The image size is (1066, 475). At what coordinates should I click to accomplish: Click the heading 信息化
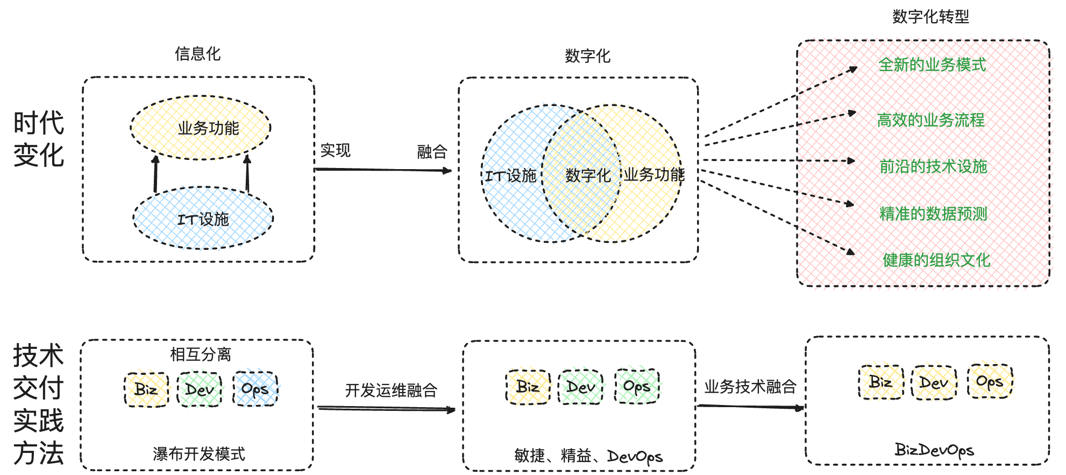[197, 54]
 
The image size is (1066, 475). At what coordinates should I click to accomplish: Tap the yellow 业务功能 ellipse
[201, 128]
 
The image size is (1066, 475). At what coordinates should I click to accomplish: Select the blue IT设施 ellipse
[203, 219]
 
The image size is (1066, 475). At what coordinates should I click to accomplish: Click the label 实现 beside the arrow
[335, 150]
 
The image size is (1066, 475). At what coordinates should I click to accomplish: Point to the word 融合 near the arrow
[432, 152]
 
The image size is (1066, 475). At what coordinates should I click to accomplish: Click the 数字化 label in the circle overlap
[587, 175]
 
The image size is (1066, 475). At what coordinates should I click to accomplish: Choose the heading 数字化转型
[930, 17]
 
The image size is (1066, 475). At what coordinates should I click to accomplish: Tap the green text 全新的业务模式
[932, 65]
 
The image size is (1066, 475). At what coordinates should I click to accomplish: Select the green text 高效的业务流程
[930, 120]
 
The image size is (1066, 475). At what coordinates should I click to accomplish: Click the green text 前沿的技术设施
[933, 166]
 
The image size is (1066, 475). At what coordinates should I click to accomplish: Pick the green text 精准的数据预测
[933, 214]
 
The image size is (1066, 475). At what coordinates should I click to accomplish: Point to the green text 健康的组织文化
[936, 261]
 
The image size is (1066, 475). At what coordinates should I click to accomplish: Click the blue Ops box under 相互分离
[255, 389]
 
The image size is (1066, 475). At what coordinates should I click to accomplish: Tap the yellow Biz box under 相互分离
[146, 389]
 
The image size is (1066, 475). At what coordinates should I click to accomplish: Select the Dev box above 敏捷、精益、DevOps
[581, 387]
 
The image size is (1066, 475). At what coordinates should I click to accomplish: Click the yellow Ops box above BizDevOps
[990, 382]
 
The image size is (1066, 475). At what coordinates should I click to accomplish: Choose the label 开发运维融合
[391, 390]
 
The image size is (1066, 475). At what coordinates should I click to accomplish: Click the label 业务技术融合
[750, 387]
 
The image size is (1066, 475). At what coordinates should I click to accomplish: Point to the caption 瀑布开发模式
[198, 454]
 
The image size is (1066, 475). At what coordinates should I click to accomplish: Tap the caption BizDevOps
[934, 450]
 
